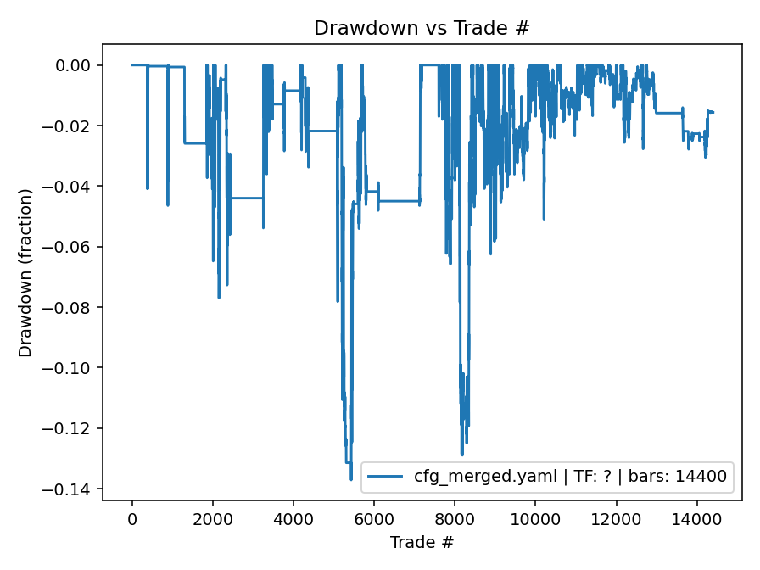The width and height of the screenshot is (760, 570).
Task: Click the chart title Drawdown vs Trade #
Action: pos(422,28)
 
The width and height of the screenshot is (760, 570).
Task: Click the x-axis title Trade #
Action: pos(422,541)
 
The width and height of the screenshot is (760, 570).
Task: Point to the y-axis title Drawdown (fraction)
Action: pos(25,272)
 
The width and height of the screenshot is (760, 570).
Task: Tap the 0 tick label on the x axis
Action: pos(131,519)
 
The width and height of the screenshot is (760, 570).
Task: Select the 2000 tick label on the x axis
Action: pos(212,519)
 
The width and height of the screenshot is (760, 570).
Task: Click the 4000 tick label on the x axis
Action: pos(293,519)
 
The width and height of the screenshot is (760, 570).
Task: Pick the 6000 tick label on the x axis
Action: pos(374,519)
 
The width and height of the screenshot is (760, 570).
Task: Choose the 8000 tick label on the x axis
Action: pos(455,519)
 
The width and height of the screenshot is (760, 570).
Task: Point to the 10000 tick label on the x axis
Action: pos(535,519)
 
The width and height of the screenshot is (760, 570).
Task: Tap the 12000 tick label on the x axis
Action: pos(616,519)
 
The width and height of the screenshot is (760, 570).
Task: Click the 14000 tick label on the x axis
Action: pos(696,519)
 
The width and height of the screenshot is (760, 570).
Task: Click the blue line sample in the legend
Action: pos(387,477)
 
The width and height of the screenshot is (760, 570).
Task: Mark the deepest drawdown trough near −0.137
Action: pos(351,479)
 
